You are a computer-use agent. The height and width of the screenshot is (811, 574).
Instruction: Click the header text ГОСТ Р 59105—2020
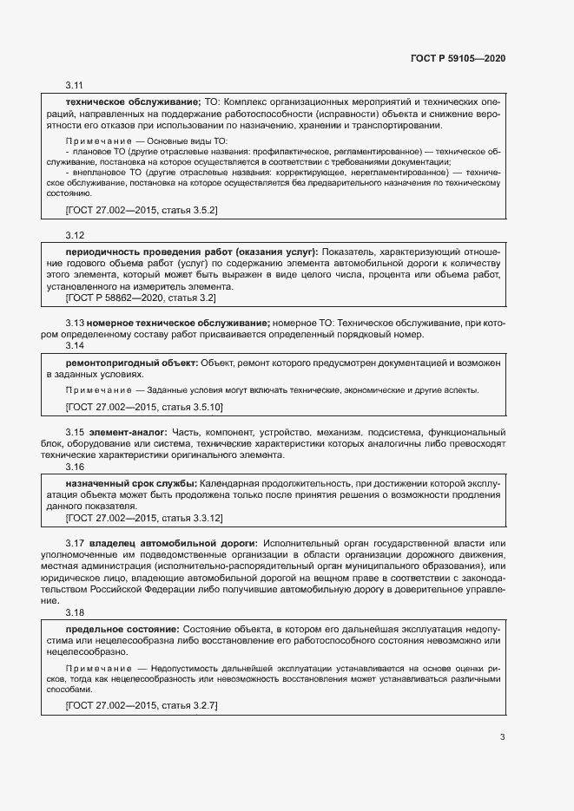(x=457, y=58)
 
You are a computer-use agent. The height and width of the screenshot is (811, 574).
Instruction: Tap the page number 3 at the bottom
(x=502, y=737)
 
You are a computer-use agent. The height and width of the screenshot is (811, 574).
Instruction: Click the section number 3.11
(x=75, y=86)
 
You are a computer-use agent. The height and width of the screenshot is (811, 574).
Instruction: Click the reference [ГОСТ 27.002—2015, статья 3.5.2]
(x=142, y=210)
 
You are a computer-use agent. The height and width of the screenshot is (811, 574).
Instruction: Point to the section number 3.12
(x=75, y=235)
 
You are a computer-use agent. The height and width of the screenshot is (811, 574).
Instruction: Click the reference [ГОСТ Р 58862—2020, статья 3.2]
(x=141, y=298)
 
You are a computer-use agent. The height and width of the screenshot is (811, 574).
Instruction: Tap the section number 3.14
(x=75, y=345)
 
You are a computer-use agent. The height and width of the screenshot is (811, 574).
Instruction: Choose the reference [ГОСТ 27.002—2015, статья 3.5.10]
(x=144, y=406)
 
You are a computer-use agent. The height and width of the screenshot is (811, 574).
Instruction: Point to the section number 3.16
(x=75, y=466)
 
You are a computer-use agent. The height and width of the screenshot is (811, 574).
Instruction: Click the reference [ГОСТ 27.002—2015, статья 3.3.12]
(x=144, y=518)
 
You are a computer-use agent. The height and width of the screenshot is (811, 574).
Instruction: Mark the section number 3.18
(x=75, y=612)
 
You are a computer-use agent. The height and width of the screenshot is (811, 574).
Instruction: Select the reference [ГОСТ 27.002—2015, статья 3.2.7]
(x=142, y=706)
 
